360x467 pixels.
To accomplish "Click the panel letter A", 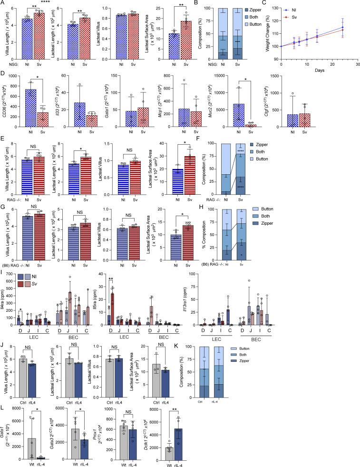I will point(4,3).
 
